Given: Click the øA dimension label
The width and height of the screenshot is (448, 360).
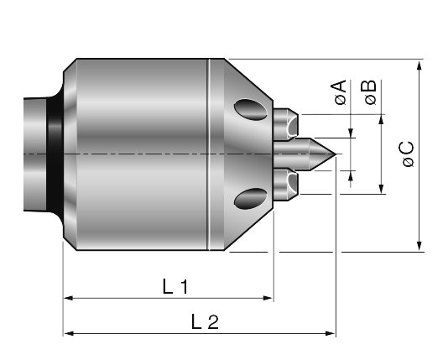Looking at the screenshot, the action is tap(340, 92).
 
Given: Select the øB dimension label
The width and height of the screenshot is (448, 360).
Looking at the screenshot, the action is tap(370, 92).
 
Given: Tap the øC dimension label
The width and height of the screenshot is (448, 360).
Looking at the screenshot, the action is tap(408, 154).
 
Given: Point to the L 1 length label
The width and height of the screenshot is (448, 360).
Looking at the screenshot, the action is tap(175, 286).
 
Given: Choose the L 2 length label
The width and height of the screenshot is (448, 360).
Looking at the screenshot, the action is tap(205, 321).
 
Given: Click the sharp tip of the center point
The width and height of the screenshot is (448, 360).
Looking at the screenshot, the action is tap(336, 154).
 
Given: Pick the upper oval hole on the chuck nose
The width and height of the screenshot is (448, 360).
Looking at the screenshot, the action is tap(251, 109).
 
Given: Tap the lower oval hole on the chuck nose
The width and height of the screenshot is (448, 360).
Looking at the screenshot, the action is tap(251, 199).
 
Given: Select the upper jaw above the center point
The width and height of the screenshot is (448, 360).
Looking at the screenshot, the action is tap(286, 124).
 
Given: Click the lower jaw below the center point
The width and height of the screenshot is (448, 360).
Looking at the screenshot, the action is tap(286, 185).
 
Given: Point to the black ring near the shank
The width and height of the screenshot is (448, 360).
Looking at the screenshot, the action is tap(55, 154).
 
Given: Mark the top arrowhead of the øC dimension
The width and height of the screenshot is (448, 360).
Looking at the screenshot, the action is tap(419, 65).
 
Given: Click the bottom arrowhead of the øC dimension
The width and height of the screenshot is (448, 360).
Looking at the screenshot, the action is tap(419, 245).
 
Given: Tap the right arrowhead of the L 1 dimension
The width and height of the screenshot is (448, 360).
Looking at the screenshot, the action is tap(268, 298).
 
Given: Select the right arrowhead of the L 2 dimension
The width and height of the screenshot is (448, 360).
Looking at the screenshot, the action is tap(330, 333).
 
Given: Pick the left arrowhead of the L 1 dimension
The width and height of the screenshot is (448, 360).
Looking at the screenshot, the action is tap(69, 298).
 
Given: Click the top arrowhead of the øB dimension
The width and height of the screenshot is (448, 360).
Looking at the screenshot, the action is tap(381, 119).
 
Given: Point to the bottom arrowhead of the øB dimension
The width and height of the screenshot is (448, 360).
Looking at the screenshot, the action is tap(381, 189).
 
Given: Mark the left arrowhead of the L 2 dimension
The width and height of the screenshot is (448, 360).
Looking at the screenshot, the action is tap(69, 333).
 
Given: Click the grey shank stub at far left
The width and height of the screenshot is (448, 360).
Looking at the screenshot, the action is tap(35, 154).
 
